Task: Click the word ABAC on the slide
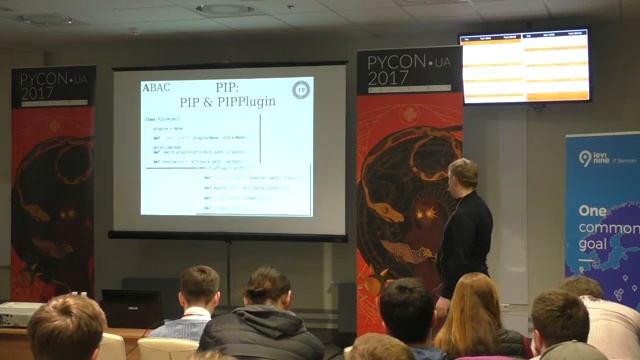pyautogui.click(x=156, y=88)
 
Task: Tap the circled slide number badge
pyautogui.click(x=300, y=90)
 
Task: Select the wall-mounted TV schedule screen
pyautogui.click(x=524, y=66)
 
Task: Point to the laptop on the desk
pyautogui.click(x=131, y=309)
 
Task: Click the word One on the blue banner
pyautogui.click(x=593, y=212)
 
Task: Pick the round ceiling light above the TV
pyautogui.click(x=225, y=9)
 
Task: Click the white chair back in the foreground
pyautogui.click(x=167, y=348)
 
